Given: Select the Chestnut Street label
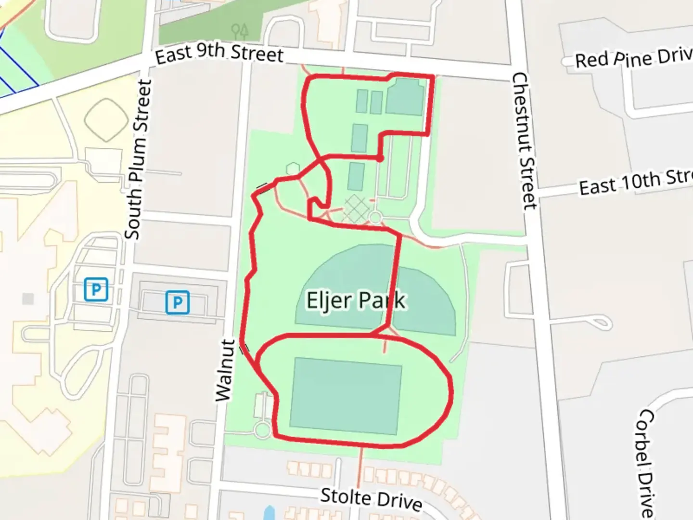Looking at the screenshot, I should [524, 141].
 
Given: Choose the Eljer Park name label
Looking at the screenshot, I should [356, 301].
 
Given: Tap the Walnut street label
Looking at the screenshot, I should [225, 370].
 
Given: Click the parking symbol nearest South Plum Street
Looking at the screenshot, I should [96, 289].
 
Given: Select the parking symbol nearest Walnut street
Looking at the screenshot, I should [178, 302].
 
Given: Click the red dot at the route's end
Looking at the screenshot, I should [380, 158].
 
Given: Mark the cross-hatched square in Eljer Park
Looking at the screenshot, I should [356, 209].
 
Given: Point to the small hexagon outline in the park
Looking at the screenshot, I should [292, 169].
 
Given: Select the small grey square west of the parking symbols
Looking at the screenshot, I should [28, 299].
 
